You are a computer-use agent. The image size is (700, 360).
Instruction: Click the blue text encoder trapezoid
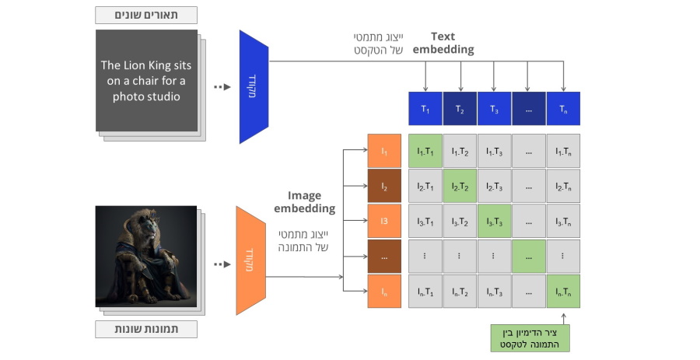254,86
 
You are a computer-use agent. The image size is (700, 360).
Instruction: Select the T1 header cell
425,109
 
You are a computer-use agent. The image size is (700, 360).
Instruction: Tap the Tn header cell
563,109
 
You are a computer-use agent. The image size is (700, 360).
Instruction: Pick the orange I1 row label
384,151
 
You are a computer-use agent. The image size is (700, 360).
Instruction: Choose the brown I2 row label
384,187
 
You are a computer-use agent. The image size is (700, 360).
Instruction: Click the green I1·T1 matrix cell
425,151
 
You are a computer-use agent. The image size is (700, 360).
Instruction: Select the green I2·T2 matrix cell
460,187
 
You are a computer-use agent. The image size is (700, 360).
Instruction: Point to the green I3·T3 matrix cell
494,222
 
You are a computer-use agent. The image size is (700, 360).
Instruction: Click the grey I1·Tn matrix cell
563,151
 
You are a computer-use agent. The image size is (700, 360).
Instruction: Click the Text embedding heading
443,43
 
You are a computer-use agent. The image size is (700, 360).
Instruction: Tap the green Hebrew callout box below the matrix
530,337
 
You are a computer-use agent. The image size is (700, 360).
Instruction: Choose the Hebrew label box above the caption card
146,15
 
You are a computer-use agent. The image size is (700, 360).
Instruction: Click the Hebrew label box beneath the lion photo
146,329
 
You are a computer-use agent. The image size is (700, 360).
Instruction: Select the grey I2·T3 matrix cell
494,187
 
